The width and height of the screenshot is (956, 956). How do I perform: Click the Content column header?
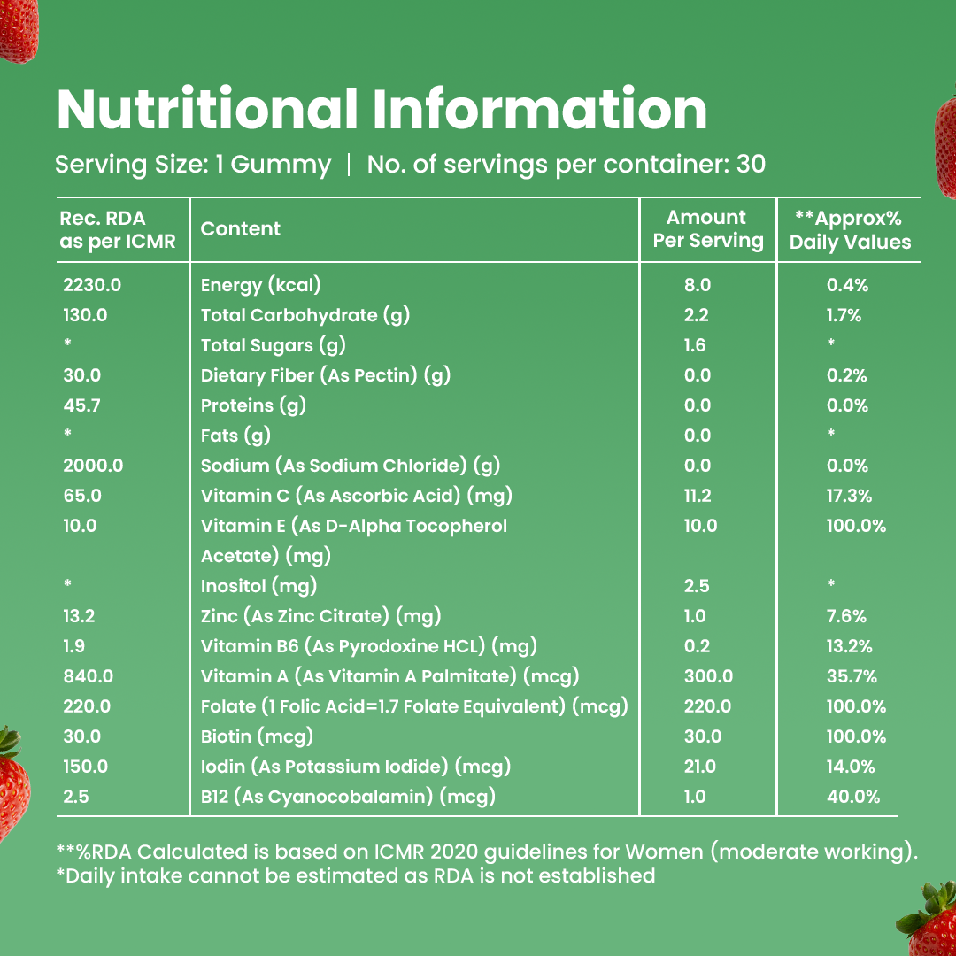241,228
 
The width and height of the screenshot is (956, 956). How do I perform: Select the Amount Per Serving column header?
707,229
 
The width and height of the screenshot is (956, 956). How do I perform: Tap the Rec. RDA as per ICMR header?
118,229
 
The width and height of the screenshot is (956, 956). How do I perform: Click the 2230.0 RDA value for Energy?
92,285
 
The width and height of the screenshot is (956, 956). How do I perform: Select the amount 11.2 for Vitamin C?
698,496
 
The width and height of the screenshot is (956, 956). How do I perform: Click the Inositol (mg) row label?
258,586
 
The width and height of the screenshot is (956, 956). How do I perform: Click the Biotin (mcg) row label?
257,736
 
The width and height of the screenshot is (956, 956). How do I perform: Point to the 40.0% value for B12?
852,797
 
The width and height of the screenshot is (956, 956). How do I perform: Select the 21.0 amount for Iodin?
700,767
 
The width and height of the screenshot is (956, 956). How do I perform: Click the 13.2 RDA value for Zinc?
79,616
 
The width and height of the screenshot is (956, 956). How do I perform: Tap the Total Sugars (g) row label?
273,345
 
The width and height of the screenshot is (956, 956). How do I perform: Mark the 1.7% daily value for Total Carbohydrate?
844,315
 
